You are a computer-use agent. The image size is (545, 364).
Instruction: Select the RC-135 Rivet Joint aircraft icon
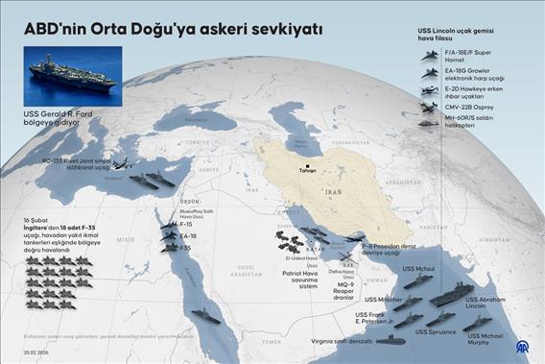[124, 163]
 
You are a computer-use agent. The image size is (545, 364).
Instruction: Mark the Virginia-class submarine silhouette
[391, 339]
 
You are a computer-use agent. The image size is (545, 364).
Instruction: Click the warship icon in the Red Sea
[205, 315]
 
